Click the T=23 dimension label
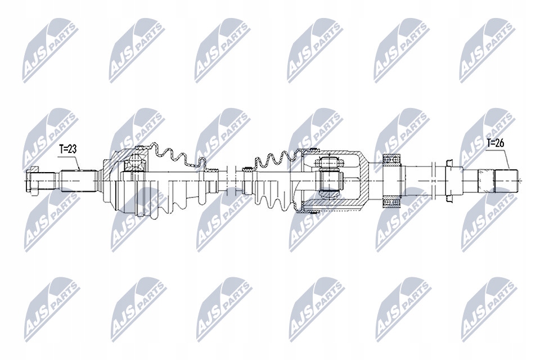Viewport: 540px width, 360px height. click(69, 150)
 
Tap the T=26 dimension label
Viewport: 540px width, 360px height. click(496, 143)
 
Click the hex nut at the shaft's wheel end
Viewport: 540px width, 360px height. click(32, 181)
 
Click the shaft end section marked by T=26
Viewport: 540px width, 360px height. click(494, 180)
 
